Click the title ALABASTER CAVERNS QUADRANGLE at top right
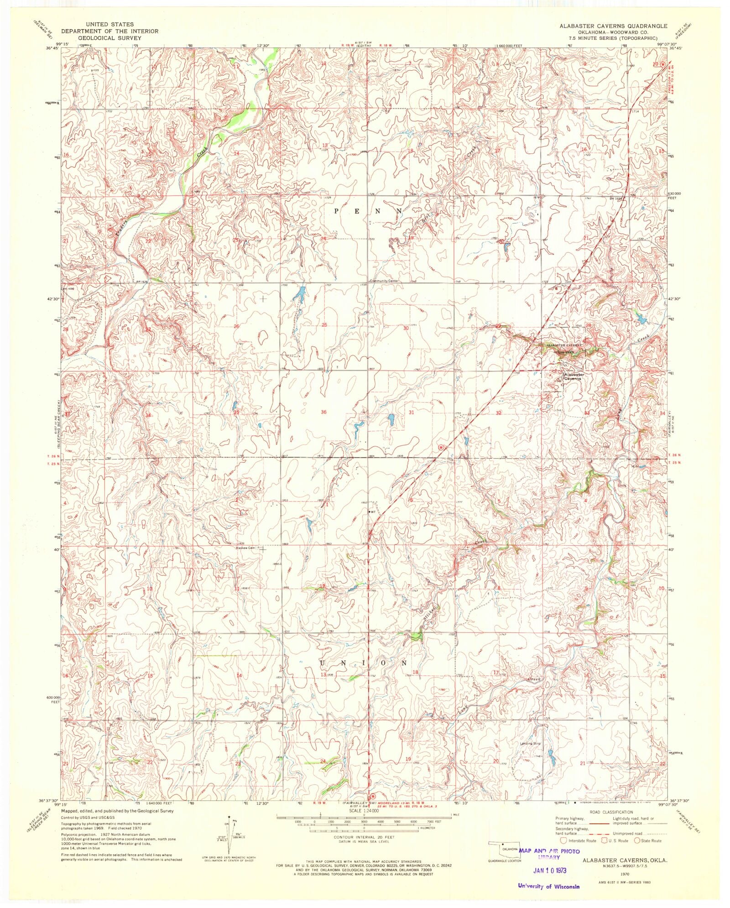(613, 26)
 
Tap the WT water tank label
(373, 512)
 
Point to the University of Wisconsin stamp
(548, 887)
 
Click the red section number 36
(323, 412)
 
